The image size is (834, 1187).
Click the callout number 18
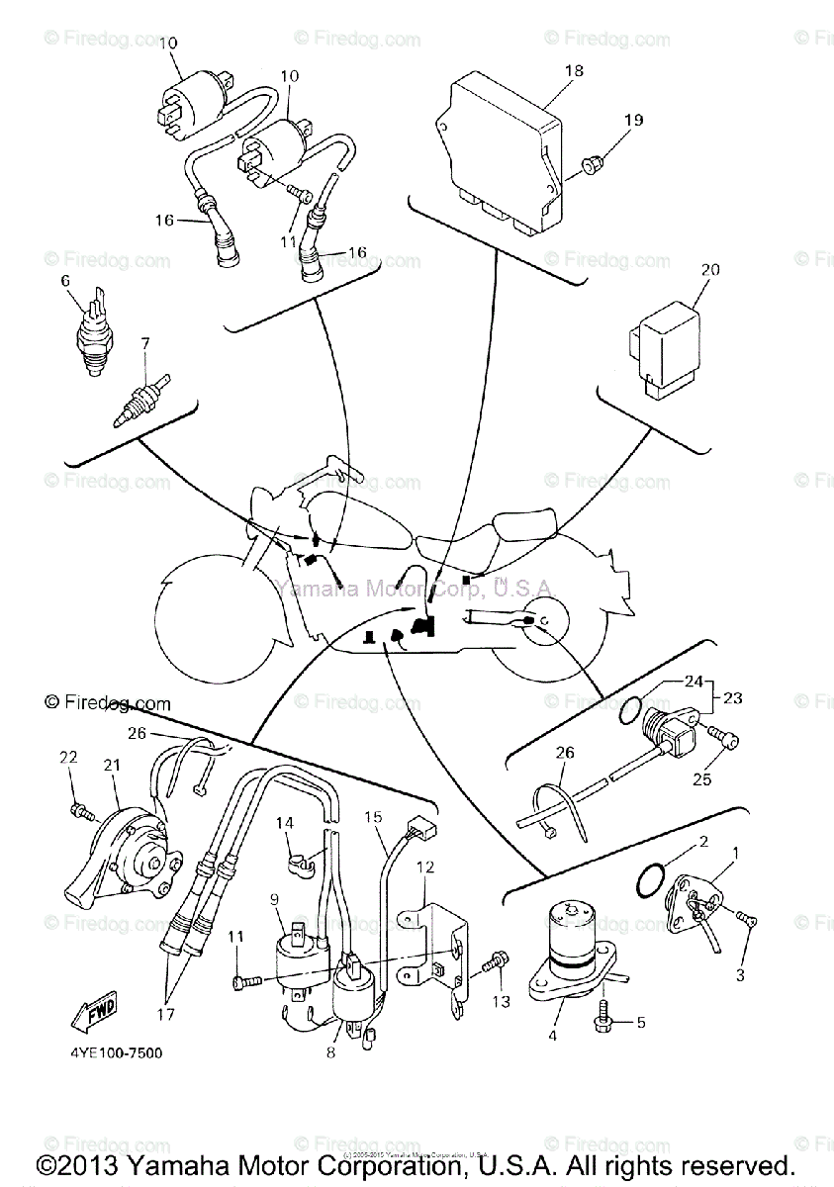coord(574,71)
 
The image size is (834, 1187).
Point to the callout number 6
coord(66,281)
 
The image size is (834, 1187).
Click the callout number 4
coord(553,1036)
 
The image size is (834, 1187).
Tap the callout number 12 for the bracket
coord(425,867)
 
